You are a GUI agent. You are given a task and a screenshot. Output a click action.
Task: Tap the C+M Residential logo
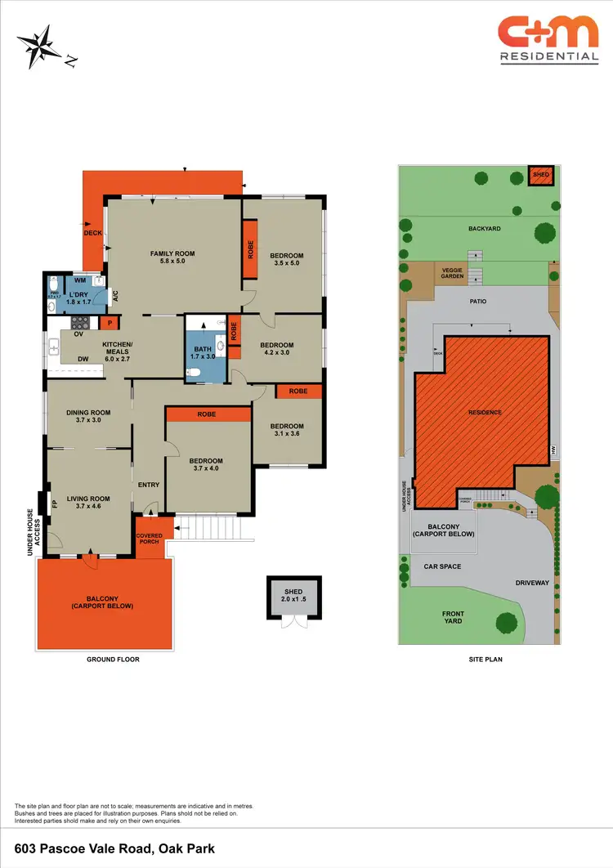click(x=548, y=40)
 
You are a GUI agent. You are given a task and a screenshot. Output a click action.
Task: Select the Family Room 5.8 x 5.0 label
click(x=172, y=257)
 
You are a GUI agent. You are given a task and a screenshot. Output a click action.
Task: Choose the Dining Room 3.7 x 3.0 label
click(x=88, y=417)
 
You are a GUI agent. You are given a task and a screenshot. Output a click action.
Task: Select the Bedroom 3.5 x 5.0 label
click(x=286, y=260)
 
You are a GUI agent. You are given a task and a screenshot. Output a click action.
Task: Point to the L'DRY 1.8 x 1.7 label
click(x=78, y=298)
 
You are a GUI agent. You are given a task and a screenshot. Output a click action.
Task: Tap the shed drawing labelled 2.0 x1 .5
click(x=293, y=595)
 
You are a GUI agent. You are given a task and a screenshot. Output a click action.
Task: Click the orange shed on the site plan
click(x=541, y=174)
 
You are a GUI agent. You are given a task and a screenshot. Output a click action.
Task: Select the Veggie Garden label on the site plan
click(x=453, y=273)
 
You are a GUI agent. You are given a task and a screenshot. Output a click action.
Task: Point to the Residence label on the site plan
click(x=484, y=413)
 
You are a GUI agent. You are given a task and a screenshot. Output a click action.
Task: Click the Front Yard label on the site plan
click(x=453, y=617)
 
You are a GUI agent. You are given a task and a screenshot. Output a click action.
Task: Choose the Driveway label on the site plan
click(x=532, y=583)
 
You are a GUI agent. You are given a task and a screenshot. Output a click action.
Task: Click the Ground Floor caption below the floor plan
click(x=113, y=659)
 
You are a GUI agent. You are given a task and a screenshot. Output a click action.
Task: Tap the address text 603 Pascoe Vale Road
click(x=115, y=849)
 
